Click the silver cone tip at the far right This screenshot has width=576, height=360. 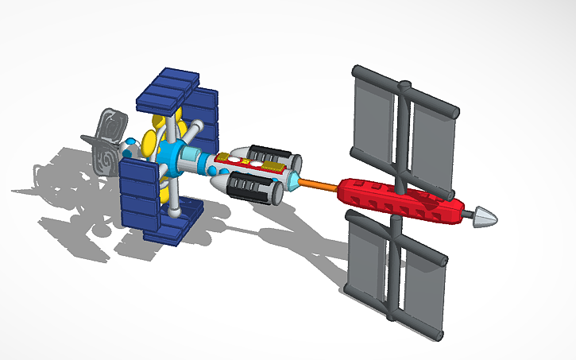[486, 217]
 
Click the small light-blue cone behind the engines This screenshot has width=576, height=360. [295, 182]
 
